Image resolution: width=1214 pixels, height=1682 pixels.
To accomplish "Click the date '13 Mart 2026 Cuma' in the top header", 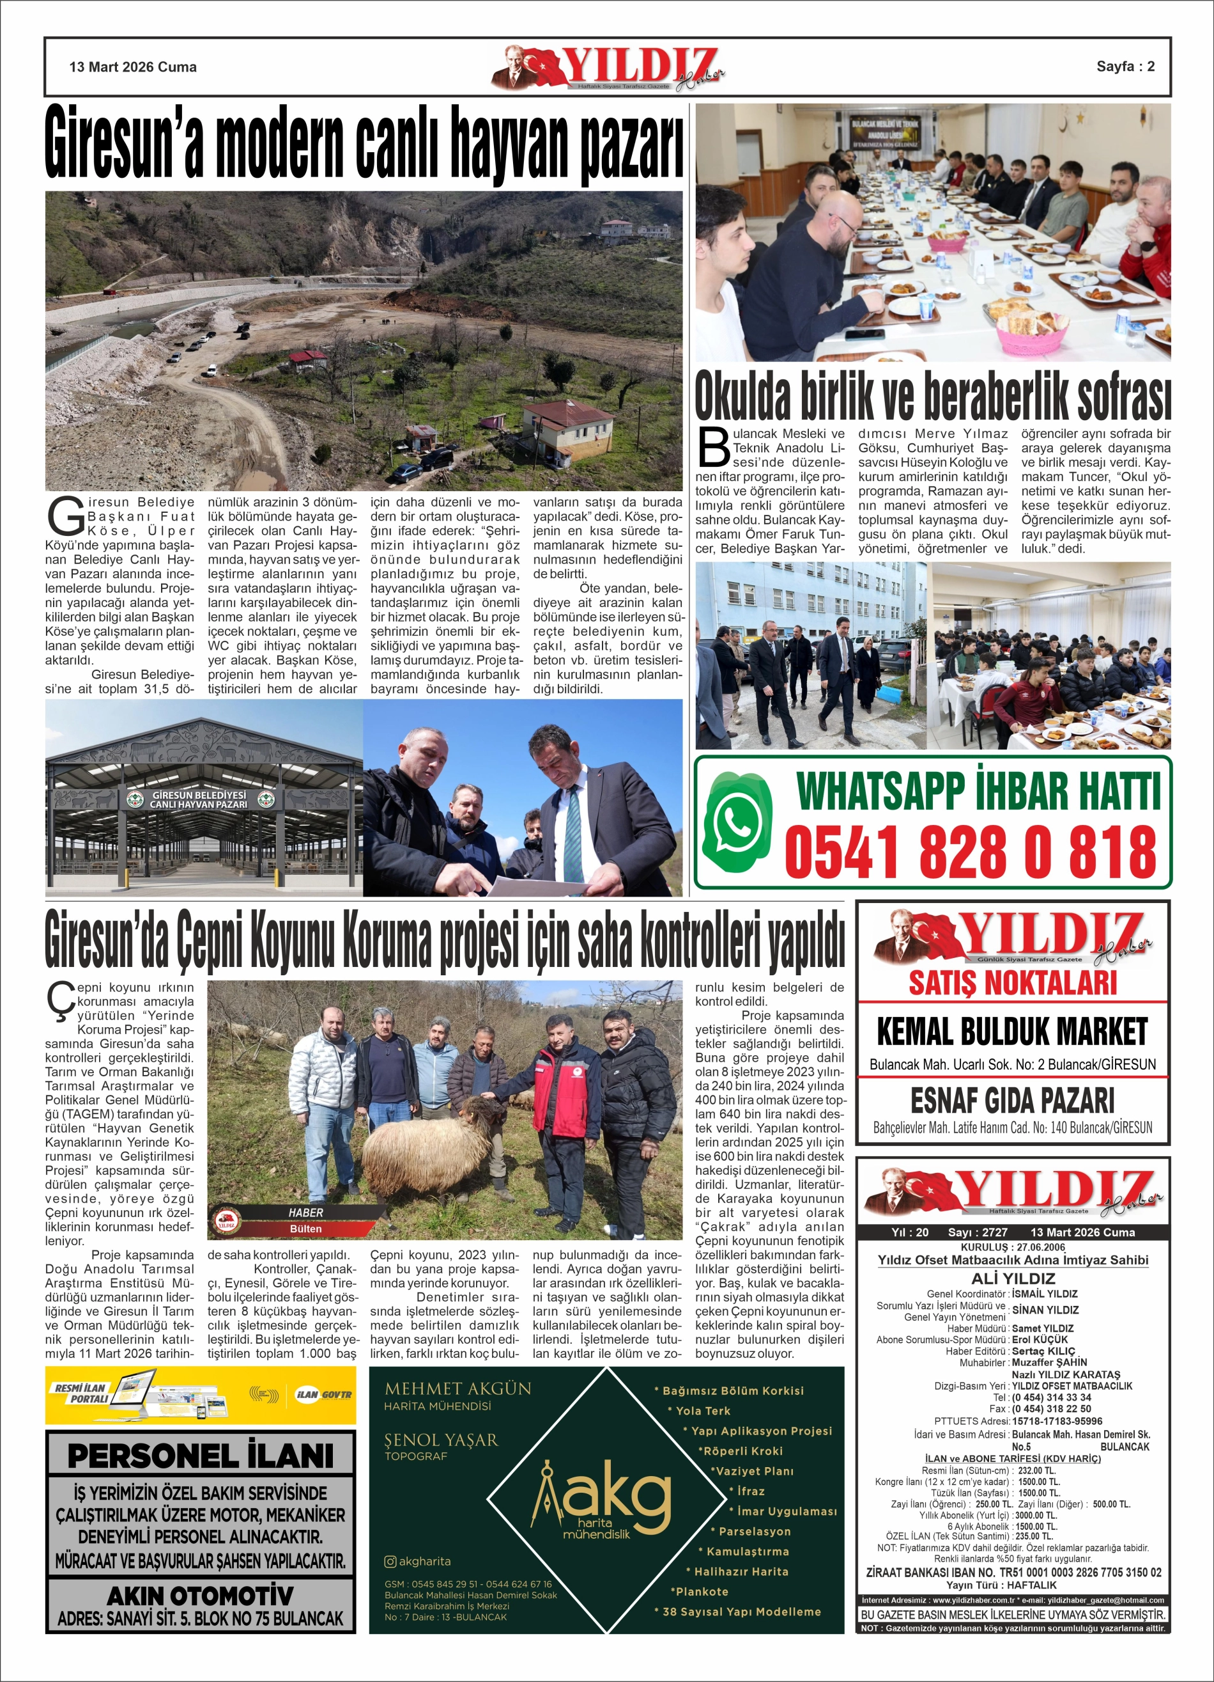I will coord(133,67).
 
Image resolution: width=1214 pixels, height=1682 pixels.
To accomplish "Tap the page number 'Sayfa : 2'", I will coord(1125,66).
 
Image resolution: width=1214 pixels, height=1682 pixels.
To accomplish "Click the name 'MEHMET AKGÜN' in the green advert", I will coord(457,1388).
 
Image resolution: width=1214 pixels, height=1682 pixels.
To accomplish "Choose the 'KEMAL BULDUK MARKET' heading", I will coord(1011,1032).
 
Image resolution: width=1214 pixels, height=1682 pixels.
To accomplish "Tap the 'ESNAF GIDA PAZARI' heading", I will coord(1011,1101).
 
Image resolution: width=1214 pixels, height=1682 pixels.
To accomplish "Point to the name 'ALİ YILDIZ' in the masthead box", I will coord(1012,1278).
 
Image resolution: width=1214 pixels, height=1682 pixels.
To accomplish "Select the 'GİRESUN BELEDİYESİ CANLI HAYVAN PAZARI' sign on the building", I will coord(199,799).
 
